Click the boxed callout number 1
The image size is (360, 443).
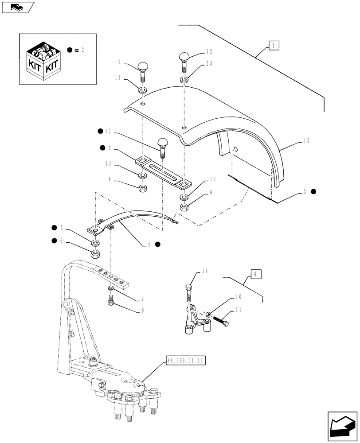(x=274, y=45)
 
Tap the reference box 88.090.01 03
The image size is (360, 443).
(x=187, y=361)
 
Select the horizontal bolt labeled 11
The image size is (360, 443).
(x=220, y=321)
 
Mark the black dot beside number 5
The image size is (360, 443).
(x=54, y=228)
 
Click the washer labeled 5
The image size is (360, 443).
(x=94, y=243)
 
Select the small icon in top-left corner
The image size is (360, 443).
(x=17, y=6)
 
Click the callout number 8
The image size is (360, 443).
(x=142, y=311)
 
